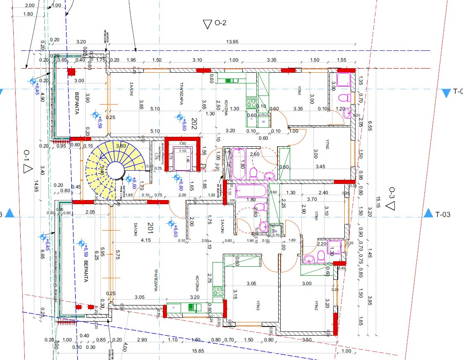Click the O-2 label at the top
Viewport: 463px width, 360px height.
[x=221, y=23]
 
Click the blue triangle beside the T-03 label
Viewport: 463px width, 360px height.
[x=428, y=214]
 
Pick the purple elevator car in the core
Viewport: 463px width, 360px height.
[x=182, y=158]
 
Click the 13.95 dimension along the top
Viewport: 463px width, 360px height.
[x=232, y=42]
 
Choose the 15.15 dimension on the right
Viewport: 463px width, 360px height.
[x=378, y=203]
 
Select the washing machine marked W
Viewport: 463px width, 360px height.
[x=263, y=122]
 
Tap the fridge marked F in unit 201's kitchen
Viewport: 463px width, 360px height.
[x=173, y=308]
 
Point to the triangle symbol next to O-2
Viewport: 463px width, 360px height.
[x=208, y=24]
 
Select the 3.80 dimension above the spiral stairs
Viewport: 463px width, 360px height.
[x=121, y=146]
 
